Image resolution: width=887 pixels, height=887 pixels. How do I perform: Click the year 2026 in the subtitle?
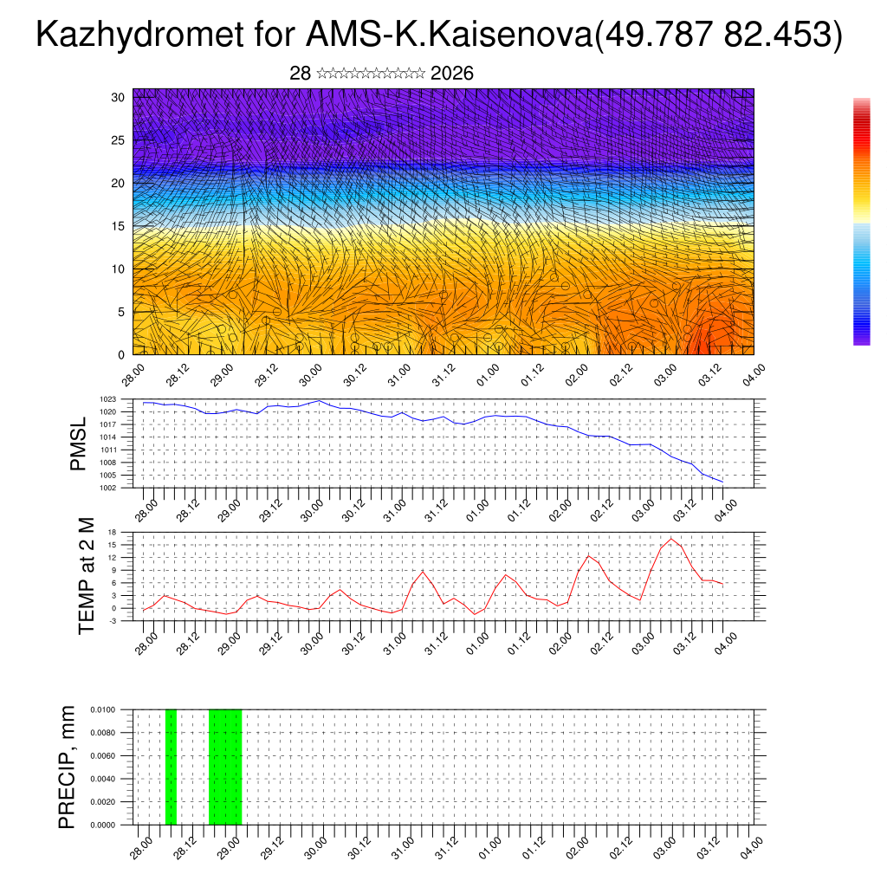(x=451, y=74)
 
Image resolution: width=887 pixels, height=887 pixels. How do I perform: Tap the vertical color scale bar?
(x=861, y=222)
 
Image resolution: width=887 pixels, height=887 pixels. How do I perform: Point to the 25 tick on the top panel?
(x=118, y=140)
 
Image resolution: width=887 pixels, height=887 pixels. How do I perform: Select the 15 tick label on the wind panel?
(x=118, y=226)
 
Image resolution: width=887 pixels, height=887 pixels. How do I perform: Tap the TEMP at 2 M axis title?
(x=86, y=575)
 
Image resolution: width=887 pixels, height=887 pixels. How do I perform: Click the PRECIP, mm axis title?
(x=67, y=767)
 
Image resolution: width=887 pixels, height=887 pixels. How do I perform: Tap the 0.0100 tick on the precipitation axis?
(x=113, y=709)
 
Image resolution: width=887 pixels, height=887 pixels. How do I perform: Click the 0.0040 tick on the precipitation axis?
(x=113, y=779)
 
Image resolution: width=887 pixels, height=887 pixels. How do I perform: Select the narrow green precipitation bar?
(x=171, y=767)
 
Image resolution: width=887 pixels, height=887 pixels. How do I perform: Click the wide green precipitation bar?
(x=225, y=767)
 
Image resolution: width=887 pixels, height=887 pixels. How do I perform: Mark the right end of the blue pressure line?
(x=722, y=482)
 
